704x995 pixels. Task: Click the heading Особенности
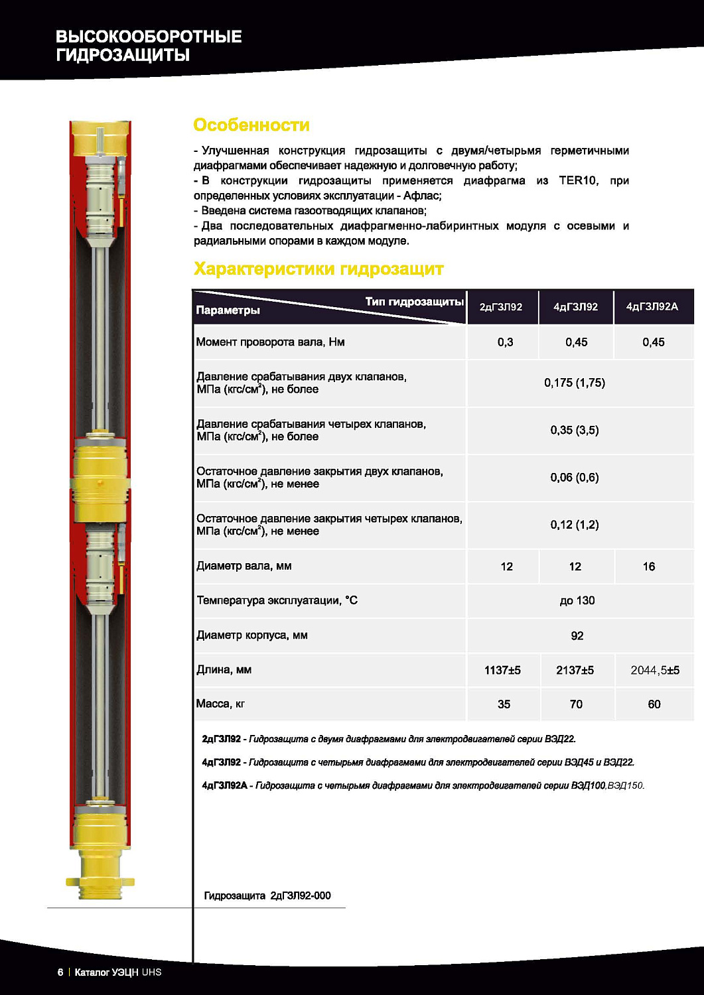(251, 125)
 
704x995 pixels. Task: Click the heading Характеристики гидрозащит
(318, 269)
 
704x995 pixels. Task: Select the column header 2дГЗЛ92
(501, 307)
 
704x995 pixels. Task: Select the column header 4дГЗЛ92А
(652, 307)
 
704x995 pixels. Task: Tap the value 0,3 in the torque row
(505, 342)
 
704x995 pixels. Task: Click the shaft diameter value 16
(649, 566)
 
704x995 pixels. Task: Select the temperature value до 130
(577, 601)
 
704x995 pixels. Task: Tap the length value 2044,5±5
(654, 670)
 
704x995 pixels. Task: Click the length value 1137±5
(502, 670)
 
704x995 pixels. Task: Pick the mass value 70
(576, 704)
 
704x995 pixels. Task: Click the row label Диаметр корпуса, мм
(252, 635)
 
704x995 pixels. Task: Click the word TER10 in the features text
(578, 180)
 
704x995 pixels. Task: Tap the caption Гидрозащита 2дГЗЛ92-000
(267, 895)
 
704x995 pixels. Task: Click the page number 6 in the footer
(60, 972)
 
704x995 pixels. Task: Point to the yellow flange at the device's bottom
(100, 882)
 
